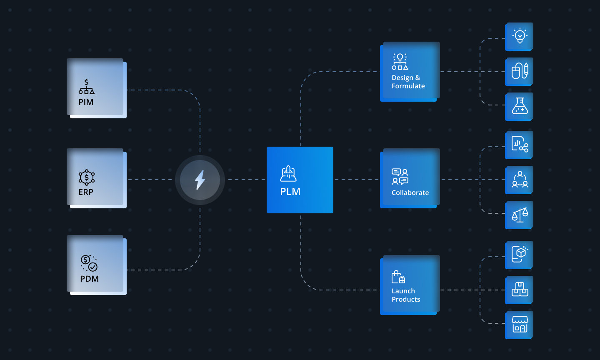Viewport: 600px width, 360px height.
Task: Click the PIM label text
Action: click(86, 102)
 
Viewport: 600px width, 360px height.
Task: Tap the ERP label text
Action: click(86, 192)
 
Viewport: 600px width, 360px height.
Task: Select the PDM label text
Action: click(89, 279)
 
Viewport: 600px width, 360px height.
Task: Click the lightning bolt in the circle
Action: click(200, 180)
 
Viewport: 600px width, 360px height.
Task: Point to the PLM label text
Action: click(290, 192)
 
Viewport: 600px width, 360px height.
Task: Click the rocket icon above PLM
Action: click(288, 173)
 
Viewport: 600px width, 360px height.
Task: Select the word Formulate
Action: click(408, 86)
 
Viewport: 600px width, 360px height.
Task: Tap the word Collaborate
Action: click(410, 192)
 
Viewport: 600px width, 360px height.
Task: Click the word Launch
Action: click(403, 291)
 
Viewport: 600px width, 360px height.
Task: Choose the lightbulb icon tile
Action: click(520, 36)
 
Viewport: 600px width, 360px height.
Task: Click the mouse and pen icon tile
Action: click(520, 71)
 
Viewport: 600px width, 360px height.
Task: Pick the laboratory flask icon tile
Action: click(520, 106)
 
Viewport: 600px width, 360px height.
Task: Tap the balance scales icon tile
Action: click(520, 215)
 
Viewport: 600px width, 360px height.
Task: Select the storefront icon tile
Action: click(520, 324)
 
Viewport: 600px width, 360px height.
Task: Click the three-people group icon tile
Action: click(520, 180)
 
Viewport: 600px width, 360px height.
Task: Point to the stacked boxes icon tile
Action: click(520, 289)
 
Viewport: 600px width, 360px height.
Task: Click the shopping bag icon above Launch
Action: click(398, 277)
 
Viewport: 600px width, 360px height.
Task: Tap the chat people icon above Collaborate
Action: click(400, 176)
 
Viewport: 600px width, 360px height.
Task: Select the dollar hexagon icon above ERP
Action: click(87, 177)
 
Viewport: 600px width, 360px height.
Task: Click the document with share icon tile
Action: click(520, 145)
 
